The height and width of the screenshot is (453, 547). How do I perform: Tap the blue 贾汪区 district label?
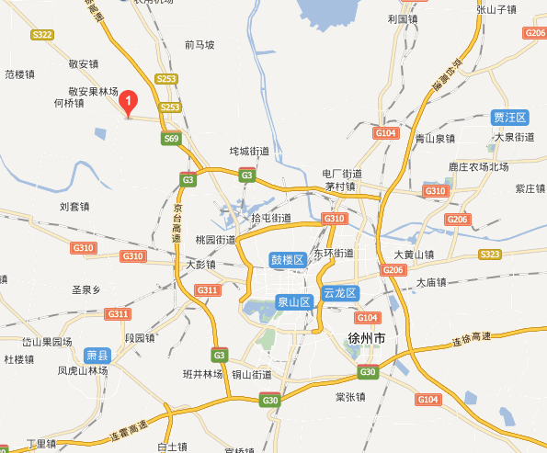510,118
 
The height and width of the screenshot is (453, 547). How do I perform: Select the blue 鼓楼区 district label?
287,260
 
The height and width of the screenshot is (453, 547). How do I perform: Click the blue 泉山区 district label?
294,301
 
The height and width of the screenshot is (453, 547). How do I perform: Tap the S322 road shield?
41,35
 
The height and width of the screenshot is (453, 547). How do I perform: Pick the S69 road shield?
171,139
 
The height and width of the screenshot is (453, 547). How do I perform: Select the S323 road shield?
490,255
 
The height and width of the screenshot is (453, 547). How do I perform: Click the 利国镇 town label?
403,18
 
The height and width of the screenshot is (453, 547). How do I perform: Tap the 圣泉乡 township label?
85,289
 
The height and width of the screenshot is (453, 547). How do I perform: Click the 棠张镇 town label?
350,397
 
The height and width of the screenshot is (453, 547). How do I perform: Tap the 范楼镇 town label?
19,74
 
